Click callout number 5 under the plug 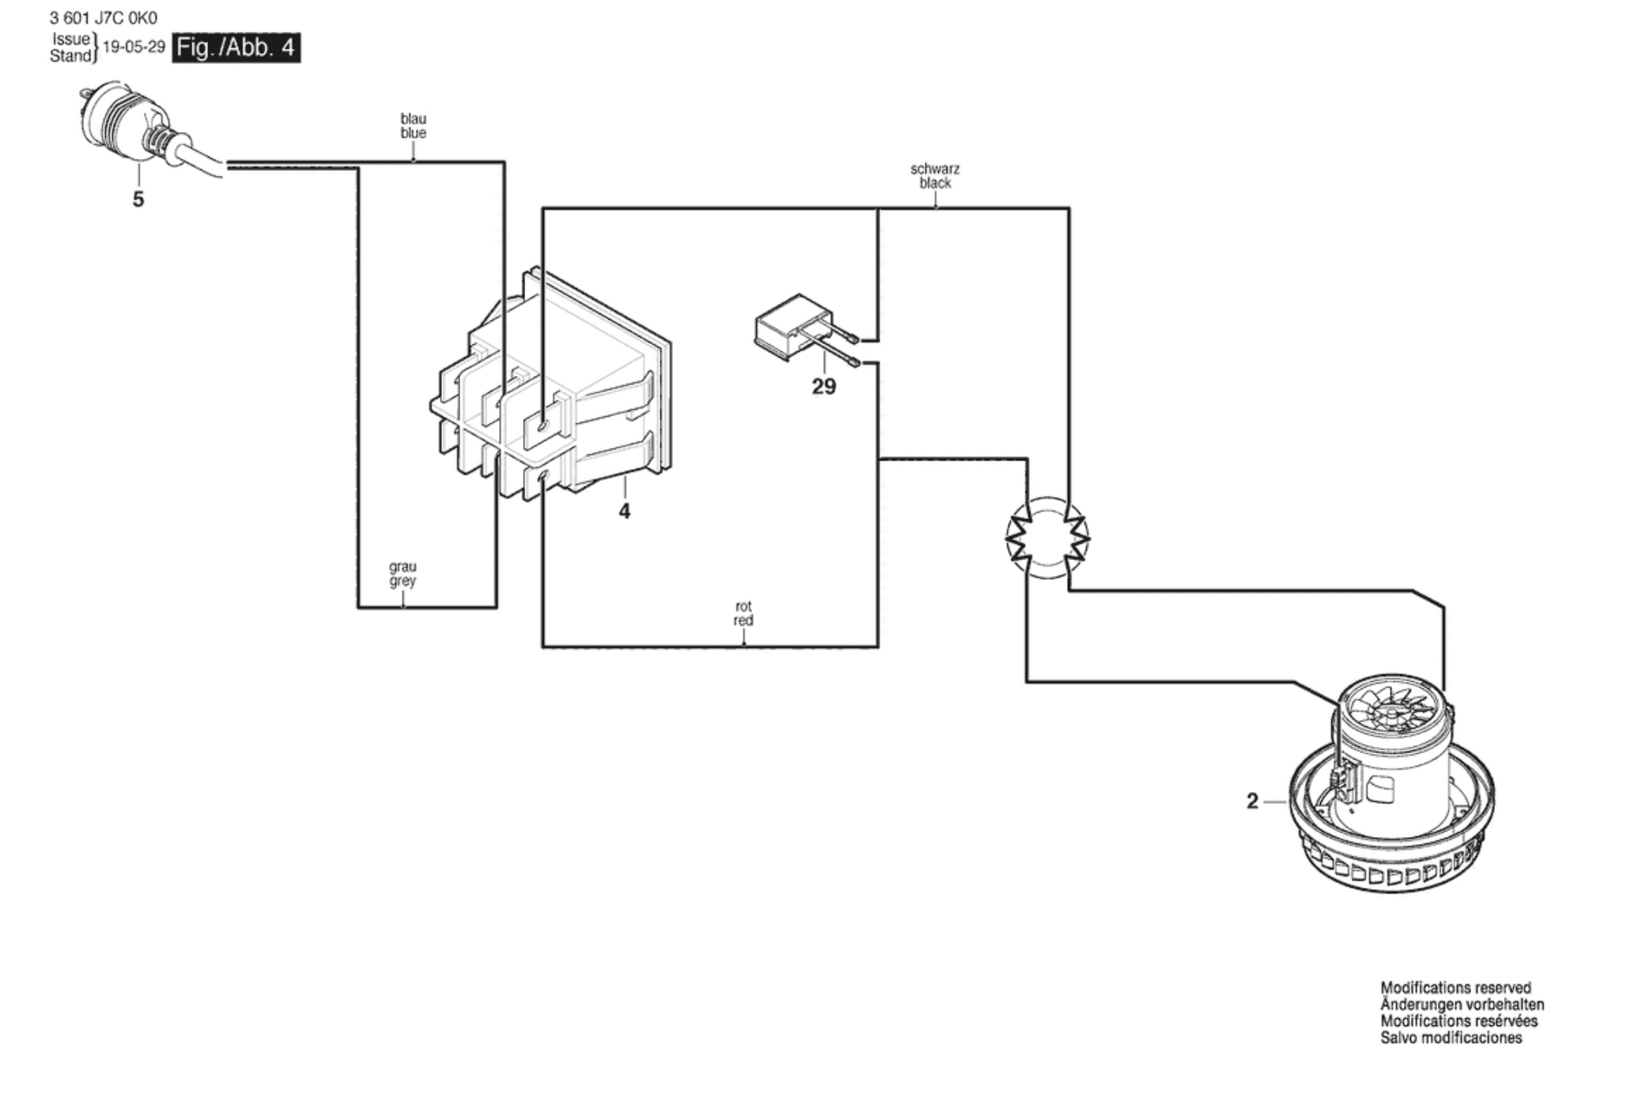pyautogui.click(x=138, y=199)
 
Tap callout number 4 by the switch pyautogui.click(x=625, y=512)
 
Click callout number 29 pyautogui.click(x=823, y=387)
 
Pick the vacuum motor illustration pyautogui.click(x=1392, y=783)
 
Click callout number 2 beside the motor pyautogui.click(x=1252, y=801)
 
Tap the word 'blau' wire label pyautogui.click(x=413, y=119)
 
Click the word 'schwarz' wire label pyautogui.click(x=935, y=169)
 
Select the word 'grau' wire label pyautogui.click(x=403, y=567)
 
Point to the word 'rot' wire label pyautogui.click(x=743, y=607)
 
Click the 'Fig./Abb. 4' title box pyautogui.click(x=236, y=47)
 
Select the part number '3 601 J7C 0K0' pyautogui.click(x=104, y=18)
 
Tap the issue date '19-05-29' pyautogui.click(x=134, y=47)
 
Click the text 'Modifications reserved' pyautogui.click(x=1455, y=988)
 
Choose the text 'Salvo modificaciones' pyautogui.click(x=1451, y=1038)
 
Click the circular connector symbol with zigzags pyautogui.click(x=1047, y=538)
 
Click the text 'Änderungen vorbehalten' pyautogui.click(x=1462, y=1005)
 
